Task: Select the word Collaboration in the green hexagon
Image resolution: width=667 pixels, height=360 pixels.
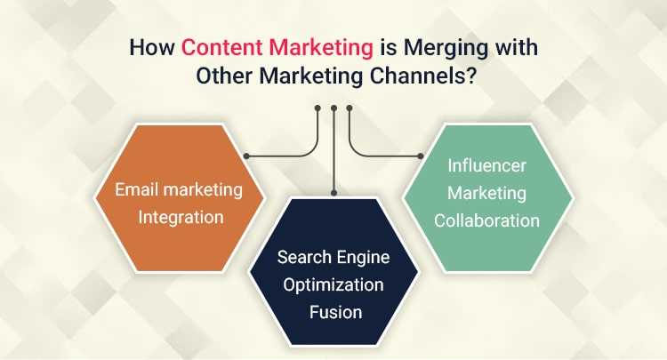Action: pyautogui.click(x=487, y=219)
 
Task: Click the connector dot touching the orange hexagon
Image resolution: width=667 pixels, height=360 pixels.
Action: pyautogui.click(x=246, y=157)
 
